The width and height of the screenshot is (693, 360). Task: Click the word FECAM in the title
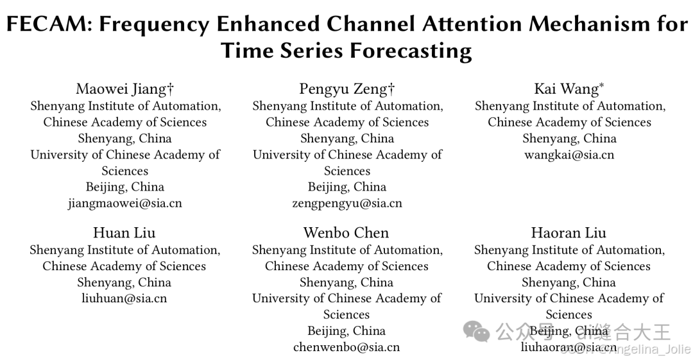coord(46,24)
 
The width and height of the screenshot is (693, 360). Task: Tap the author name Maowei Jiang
coord(121,89)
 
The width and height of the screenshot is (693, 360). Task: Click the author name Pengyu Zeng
coord(342,89)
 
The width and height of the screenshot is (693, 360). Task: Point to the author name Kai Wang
coord(565,89)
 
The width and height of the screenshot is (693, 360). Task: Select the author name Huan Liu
coord(124,233)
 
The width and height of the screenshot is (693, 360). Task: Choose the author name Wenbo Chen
coord(346,233)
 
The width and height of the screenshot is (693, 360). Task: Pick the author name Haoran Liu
coord(569,233)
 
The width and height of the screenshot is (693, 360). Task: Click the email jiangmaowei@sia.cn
coord(125,203)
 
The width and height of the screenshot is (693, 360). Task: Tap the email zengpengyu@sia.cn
coord(347,203)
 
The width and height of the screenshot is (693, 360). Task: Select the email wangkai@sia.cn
coord(569,155)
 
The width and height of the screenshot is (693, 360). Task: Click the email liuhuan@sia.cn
coord(124,298)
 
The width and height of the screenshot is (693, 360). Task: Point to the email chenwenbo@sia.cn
coord(346,347)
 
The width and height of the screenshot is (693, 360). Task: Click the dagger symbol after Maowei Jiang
coord(170,89)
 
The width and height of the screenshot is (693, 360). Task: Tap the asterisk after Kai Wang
coord(602,85)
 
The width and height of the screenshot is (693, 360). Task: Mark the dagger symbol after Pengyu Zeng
coord(391,89)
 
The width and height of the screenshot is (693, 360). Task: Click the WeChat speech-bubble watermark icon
coord(477,332)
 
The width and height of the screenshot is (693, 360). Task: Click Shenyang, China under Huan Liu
coord(124,282)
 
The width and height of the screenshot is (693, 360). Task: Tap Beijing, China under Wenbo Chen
coord(346,331)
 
